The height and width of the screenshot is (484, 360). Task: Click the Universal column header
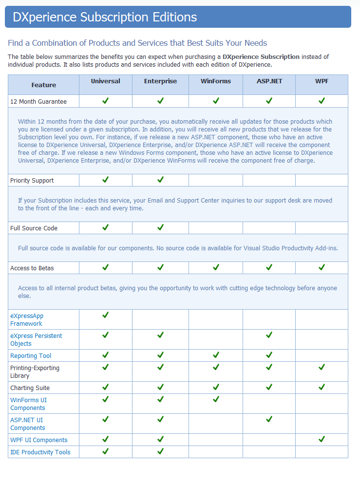pos(105,81)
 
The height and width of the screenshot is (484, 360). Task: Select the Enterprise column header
pos(160,81)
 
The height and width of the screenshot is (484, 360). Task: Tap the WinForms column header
pos(216,81)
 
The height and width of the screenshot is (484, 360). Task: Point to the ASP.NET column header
pos(269,81)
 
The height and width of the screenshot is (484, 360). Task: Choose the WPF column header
pos(322,81)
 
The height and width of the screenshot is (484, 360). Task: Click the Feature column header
pos(44,85)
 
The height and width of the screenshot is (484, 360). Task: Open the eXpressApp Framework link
pos(27,320)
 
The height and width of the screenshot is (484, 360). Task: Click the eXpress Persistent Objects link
pos(36,339)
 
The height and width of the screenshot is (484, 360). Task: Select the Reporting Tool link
pos(31,356)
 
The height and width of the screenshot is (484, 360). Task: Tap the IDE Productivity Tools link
pos(40,452)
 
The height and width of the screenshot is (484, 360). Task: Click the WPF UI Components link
pos(39,440)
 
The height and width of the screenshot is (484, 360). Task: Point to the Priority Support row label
pos(32,181)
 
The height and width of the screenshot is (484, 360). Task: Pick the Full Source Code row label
pos(34,228)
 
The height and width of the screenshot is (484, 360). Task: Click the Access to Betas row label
pos(32,268)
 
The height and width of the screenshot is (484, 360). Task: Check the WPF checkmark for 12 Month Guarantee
pos(322,101)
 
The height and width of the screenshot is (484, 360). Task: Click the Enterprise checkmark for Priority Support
pos(160,180)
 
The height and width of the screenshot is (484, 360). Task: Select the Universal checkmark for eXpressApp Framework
pos(105,315)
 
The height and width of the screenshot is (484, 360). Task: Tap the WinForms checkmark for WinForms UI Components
pos(216,399)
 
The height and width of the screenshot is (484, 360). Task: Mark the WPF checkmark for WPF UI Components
pos(322,439)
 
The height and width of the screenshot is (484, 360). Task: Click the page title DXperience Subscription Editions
pos(105,18)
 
